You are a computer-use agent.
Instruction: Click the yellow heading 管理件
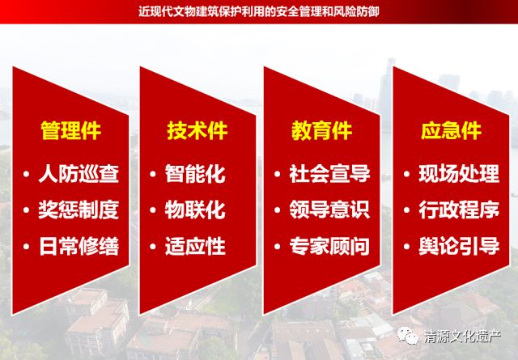pos(70,131)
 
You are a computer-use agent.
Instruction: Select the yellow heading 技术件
pos(197,131)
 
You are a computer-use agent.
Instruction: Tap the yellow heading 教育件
pos(321,131)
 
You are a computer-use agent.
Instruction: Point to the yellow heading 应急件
pos(451,131)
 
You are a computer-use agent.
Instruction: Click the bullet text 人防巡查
pos(79,174)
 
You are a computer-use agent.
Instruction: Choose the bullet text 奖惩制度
pos(79,210)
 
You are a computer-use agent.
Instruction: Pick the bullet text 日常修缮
pos(79,246)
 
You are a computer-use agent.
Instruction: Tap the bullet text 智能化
pos(195,174)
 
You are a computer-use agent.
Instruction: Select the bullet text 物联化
pos(195,210)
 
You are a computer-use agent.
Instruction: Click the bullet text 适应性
pos(195,246)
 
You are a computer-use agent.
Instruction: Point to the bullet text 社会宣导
pos(329,174)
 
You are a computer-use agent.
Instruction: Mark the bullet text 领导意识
pos(329,210)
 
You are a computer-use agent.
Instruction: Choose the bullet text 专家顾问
pos(329,246)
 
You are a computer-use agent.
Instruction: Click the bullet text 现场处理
pos(459,174)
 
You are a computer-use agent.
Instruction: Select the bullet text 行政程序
pos(459,210)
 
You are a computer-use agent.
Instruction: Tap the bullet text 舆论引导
pos(459,246)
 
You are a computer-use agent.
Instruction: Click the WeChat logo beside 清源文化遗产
pos(408,337)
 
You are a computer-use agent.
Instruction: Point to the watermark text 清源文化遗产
pos(462,337)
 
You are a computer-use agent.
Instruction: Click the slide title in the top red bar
pos(259,12)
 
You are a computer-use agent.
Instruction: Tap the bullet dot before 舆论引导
pos(406,247)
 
